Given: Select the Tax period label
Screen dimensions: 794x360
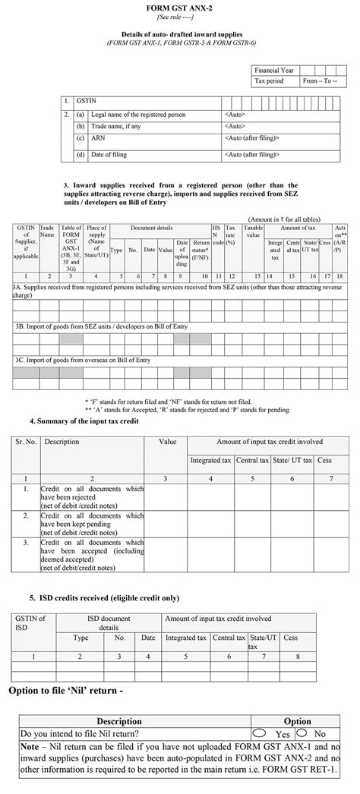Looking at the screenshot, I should [270, 80].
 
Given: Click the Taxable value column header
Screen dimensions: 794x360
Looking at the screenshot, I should [253, 231].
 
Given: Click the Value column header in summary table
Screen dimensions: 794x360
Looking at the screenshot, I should [166, 441].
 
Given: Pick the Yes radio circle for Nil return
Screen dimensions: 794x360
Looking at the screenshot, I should [259, 733].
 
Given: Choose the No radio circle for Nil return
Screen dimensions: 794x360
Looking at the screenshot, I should [302, 733].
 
